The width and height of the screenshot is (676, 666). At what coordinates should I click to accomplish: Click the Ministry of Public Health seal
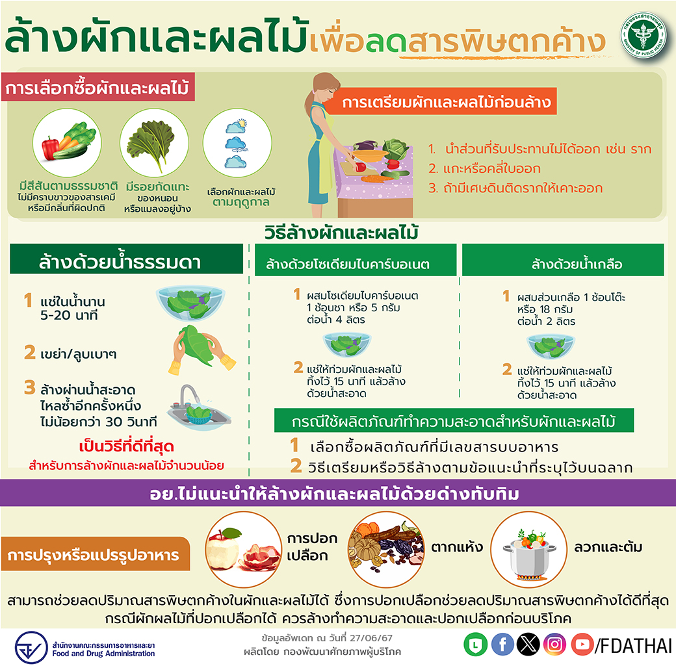tap(643, 35)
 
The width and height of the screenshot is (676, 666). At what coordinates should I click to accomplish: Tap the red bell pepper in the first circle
tap(50, 147)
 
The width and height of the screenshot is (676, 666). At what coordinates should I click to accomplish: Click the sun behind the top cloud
tap(242, 124)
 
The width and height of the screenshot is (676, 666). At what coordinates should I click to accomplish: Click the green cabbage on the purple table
tap(395, 149)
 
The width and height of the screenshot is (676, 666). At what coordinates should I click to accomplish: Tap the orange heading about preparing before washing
tap(440, 102)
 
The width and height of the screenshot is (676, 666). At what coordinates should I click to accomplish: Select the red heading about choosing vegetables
tap(98, 88)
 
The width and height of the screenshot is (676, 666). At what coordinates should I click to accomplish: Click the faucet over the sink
tap(189, 394)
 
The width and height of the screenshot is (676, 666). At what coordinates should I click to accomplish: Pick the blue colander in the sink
tap(199, 415)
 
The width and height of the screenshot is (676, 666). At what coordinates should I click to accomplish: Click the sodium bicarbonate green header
tap(356, 260)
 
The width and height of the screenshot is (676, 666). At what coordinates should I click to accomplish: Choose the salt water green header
tap(563, 260)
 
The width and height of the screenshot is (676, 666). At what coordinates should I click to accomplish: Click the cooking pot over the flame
tap(529, 556)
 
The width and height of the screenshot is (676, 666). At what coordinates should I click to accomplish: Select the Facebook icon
tap(502, 645)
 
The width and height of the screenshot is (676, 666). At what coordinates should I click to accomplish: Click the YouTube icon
tap(582, 645)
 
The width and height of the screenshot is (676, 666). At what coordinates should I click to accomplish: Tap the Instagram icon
tap(555, 645)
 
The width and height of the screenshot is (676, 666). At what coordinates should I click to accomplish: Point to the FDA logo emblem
tap(31, 647)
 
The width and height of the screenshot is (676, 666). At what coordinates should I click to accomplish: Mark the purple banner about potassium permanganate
tap(338, 493)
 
